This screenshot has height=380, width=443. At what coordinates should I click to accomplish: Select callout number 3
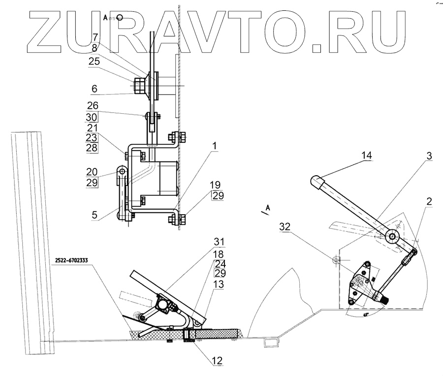(429, 156)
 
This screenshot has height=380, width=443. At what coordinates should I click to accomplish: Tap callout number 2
(429, 201)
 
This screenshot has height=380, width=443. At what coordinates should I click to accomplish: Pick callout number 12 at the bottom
(218, 360)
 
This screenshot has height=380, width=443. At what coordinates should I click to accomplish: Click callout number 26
(93, 105)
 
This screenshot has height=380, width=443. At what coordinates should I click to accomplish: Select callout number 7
(95, 37)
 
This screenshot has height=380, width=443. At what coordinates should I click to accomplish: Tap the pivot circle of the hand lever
(392, 236)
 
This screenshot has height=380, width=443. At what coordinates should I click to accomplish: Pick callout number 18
(219, 254)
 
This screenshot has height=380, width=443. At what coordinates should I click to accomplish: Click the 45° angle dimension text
(365, 314)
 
